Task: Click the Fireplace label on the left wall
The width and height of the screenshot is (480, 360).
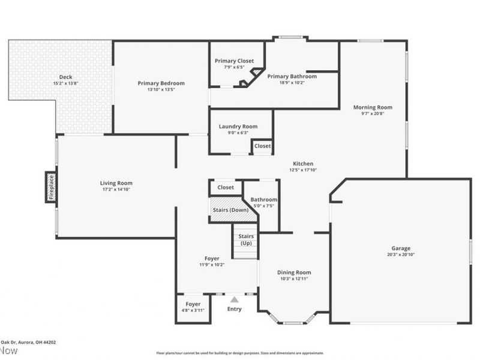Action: click(51, 187)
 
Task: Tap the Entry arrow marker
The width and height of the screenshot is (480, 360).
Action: click(235, 299)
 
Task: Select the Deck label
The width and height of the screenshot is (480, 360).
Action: click(65, 77)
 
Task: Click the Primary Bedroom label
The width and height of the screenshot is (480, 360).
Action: click(161, 83)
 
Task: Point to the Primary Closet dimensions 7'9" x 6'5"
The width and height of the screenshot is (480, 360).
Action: click(235, 67)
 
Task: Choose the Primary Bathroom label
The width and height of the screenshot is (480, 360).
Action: click(292, 76)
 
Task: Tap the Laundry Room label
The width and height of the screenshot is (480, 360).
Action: click(238, 127)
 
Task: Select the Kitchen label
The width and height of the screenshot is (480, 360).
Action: click(302, 164)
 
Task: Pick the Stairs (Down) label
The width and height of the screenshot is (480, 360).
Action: click(231, 210)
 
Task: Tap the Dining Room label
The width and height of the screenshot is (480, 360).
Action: click(294, 272)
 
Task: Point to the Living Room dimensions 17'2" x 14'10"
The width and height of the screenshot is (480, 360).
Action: click(116, 190)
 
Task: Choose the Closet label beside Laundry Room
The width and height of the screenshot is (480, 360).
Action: click(262, 146)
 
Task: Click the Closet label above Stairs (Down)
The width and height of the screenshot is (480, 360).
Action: click(226, 187)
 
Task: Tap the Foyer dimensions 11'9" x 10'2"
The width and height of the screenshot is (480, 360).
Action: click(211, 265)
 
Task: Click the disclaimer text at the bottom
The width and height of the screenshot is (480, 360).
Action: click(240, 353)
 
